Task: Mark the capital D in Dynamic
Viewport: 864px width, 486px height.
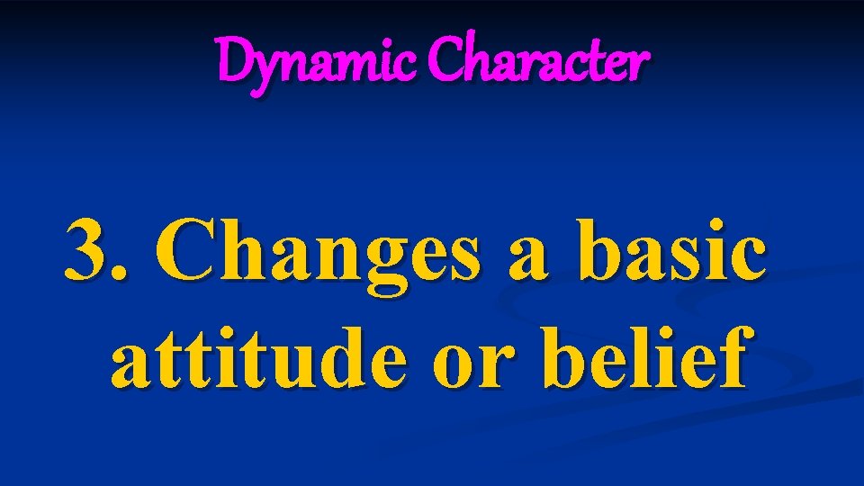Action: pyautogui.click(x=235, y=61)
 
